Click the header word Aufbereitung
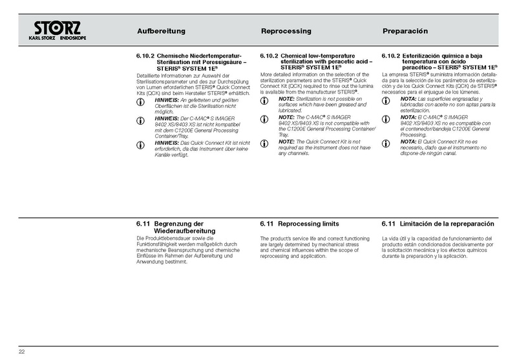point(162,31)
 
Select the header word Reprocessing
point(286,31)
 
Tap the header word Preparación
point(406,31)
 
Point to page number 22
point(21,352)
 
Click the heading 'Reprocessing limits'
point(309,224)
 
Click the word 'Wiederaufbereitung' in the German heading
point(185,231)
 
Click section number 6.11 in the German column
point(143,224)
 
